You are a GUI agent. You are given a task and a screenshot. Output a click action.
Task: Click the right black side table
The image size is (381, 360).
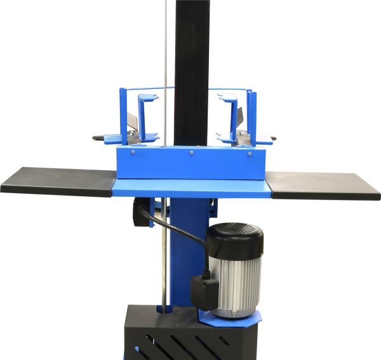click(x=324, y=185)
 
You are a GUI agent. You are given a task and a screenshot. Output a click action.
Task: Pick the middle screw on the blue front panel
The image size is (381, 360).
click(x=191, y=153)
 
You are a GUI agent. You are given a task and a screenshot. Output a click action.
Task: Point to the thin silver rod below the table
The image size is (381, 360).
click(x=164, y=267)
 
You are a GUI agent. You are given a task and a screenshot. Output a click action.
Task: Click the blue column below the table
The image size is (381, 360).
click(x=184, y=254)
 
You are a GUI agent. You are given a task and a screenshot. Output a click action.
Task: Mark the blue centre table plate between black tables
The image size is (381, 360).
click(x=190, y=187)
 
